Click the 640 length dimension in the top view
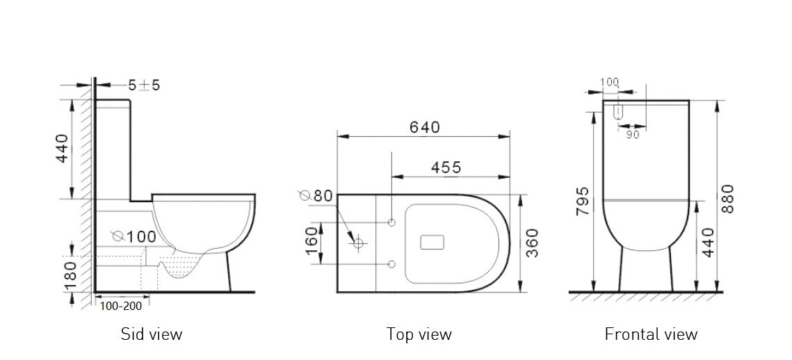424,128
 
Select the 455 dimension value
446,167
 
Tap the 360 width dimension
532,243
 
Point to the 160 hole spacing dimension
312,243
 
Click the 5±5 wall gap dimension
145,85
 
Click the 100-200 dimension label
121,305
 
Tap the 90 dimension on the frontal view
632,135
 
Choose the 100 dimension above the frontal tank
608,82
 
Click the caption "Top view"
419,334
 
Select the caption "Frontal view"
651,334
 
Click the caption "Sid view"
152,334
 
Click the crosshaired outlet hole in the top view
359,243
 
